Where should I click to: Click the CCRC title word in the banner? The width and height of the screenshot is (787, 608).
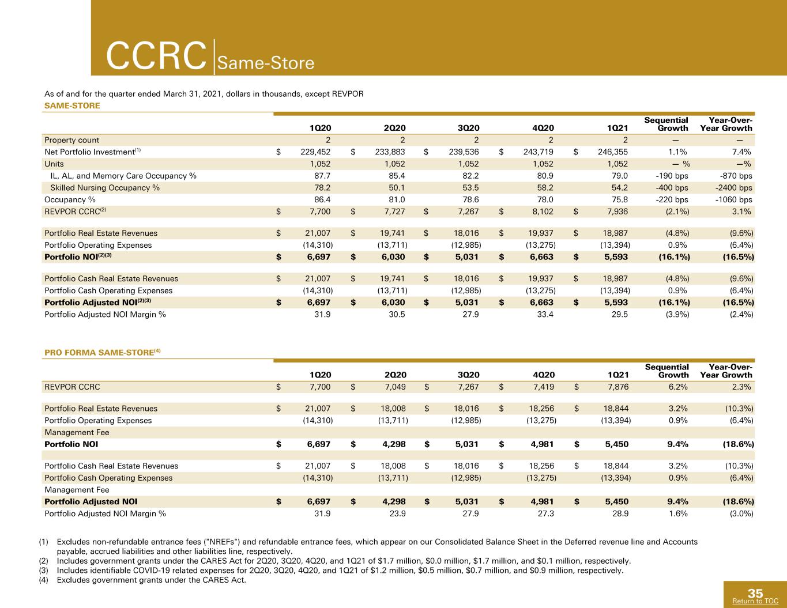coord(156,56)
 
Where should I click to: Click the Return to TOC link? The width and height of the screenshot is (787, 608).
coord(755,601)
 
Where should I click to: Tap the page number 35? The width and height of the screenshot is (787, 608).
coord(755,593)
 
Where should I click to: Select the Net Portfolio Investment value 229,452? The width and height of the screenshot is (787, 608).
coord(315,152)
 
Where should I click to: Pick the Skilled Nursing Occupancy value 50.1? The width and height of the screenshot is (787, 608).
coord(397,188)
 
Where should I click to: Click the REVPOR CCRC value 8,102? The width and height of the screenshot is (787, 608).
coord(543,212)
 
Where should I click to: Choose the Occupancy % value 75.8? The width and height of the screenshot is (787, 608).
coord(619,200)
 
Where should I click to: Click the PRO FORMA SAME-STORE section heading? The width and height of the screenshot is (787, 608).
coord(103,353)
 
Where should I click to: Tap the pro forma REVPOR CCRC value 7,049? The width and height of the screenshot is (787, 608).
coord(395,387)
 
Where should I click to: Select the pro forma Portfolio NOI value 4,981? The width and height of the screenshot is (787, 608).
coord(542,444)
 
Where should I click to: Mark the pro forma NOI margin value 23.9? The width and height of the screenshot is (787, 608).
coord(397,513)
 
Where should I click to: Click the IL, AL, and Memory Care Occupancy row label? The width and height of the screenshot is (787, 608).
coord(123,176)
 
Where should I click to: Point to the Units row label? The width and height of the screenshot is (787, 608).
coord(54,164)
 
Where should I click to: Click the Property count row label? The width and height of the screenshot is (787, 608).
coord(71,140)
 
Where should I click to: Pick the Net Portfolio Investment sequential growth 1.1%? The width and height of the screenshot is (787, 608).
coord(677,152)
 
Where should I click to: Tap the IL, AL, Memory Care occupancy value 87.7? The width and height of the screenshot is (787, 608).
coord(322,176)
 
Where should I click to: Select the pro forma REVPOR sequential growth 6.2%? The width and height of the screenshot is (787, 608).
coord(678,387)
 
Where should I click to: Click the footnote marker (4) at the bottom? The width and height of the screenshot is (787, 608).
coord(43,580)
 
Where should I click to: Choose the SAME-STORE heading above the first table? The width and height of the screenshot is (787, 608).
coord(72,105)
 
